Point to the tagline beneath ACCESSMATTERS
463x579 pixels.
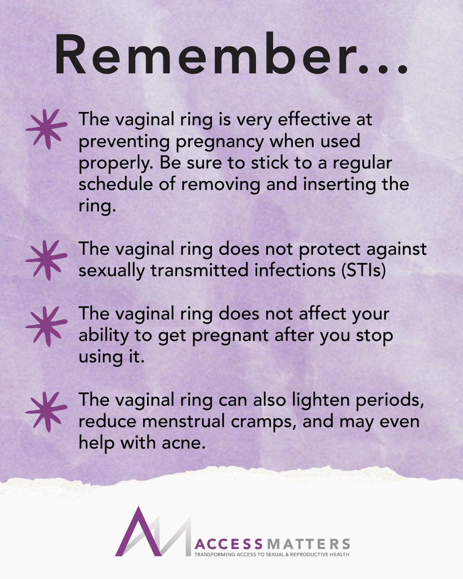271,554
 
